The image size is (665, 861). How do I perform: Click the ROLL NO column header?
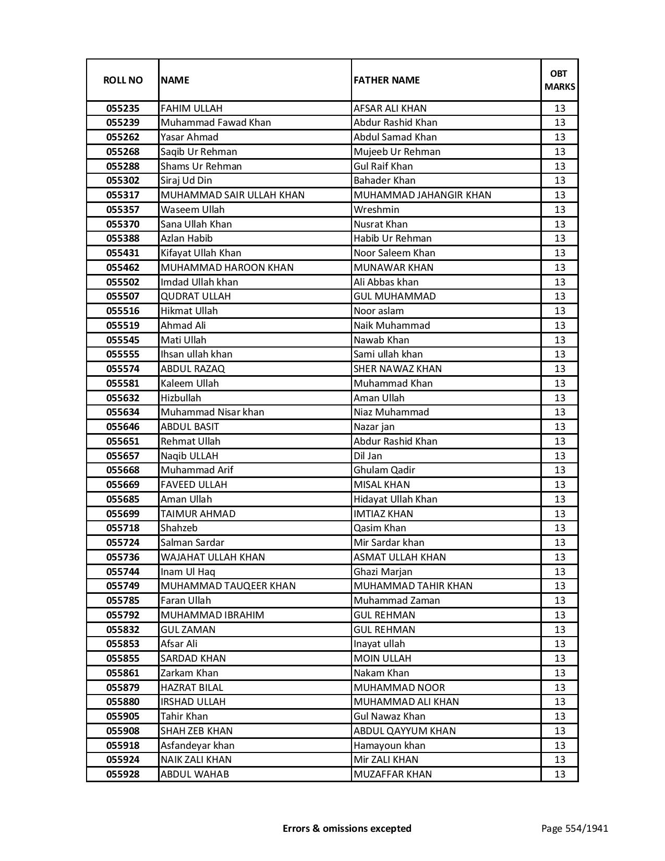point(123,80)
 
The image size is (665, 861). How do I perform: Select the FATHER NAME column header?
point(386,80)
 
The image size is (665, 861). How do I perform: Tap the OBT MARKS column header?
point(560,80)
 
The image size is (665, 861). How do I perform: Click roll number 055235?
point(123,109)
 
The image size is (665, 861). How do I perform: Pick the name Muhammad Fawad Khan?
point(215,123)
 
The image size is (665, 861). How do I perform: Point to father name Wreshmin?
point(376,210)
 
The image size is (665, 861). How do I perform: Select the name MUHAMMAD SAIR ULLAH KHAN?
point(232,195)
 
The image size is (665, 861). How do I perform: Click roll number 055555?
point(123,354)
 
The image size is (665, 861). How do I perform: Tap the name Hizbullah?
point(180,398)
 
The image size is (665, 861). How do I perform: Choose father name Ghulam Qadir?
point(384,470)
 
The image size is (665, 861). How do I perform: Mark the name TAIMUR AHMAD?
point(198,514)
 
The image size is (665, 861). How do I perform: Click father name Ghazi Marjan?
point(382,572)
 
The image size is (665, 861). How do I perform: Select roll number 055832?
point(123,630)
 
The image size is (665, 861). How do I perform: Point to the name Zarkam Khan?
point(189,673)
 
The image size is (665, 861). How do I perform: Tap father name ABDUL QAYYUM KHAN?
point(404,731)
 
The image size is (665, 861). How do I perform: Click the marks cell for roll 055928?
point(560,774)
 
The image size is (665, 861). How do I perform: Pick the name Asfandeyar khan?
point(197,746)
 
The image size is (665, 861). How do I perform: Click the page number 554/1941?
point(574,828)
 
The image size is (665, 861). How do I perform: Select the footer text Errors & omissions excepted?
point(347,828)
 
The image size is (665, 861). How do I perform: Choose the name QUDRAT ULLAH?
point(195,296)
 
